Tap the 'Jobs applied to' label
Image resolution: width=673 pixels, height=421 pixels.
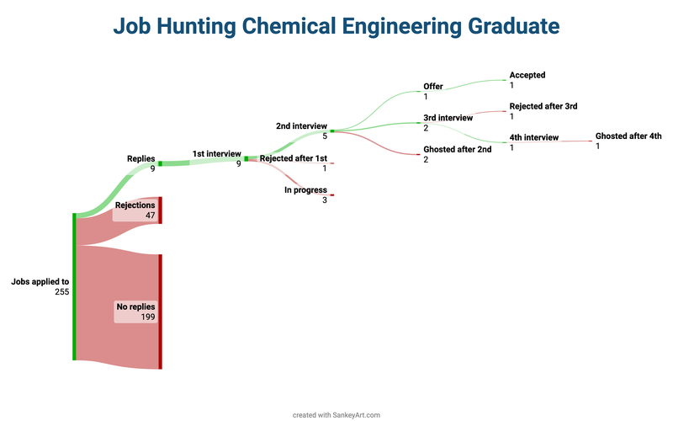click(x=40, y=282)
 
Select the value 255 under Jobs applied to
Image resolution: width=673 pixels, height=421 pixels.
click(x=61, y=291)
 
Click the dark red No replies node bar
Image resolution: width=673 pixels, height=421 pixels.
click(x=160, y=312)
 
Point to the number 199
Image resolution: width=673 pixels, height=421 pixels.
click(x=148, y=317)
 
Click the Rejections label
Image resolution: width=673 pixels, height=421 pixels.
click(x=135, y=205)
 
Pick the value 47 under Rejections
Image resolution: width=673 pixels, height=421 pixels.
click(x=151, y=216)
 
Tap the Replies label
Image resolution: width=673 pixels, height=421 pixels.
click(x=140, y=159)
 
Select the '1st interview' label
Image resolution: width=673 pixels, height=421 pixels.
click(x=217, y=154)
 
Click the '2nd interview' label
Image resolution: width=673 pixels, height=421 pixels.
click(x=301, y=125)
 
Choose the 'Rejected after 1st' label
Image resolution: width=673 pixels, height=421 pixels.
click(x=294, y=158)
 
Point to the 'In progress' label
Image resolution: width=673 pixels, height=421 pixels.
click(x=305, y=190)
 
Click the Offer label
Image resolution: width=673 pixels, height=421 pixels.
click(x=433, y=87)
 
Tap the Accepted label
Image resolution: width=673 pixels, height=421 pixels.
click(x=527, y=75)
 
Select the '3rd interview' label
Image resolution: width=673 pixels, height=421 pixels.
click(x=448, y=118)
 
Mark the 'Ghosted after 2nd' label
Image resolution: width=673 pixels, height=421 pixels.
click(x=458, y=149)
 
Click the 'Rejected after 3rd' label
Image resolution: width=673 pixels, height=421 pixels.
click(x=543, y=106)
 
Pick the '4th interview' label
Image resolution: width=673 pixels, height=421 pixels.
click(x=534, y=137)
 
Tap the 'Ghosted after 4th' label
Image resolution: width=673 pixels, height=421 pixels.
click(x=628, y=136)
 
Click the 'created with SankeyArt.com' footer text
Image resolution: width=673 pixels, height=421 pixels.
click(x=336, y=415)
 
